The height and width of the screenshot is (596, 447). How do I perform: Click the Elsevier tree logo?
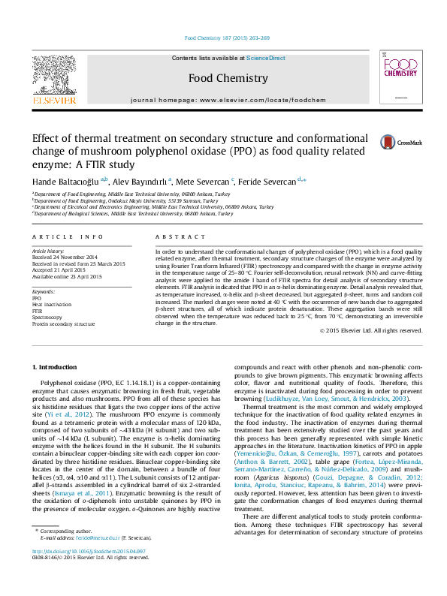point(53,76)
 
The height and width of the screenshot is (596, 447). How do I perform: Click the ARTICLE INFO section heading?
point(68,236)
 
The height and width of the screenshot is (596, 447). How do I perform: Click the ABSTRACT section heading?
point(175,236)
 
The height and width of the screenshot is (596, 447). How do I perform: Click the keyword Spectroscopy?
point(47,318)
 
